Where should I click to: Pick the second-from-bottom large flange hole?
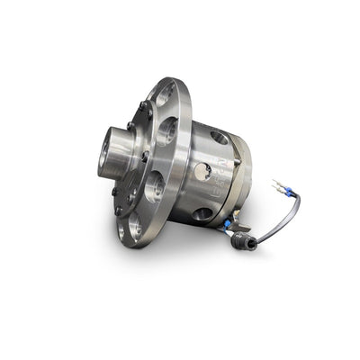pos(155,186)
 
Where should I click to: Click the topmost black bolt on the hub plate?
pos(144,105)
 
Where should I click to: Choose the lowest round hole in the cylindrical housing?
pos(203,213)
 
